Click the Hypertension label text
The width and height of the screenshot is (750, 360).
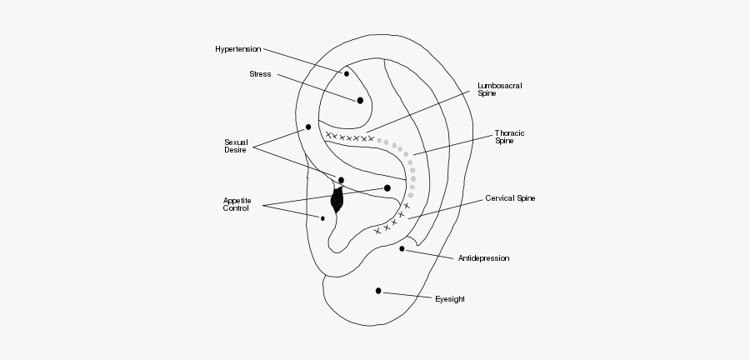[237, 49]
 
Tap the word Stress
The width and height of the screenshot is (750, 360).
[260, 74]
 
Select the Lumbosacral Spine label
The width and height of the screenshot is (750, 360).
[494, 89]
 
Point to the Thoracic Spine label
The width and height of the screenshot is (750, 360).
[509, 137]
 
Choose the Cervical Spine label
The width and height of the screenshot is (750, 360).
[509, 199]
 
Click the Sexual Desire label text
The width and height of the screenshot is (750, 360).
[237, 146]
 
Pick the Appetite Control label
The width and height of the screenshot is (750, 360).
[236, 204]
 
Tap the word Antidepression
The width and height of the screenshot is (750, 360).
[483, 258]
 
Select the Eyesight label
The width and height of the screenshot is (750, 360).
[450, 298]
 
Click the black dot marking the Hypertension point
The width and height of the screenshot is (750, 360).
[347, 73]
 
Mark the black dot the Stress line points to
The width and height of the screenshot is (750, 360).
[360, 100]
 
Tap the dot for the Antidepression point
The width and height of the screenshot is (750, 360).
[402, 248]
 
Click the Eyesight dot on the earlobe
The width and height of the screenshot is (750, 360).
[378, 291]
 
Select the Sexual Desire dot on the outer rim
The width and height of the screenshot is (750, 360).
[308, 127]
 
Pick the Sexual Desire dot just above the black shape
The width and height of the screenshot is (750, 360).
[341, 180]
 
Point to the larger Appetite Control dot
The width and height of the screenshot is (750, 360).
[387, 188]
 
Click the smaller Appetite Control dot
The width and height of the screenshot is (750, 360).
[322, 218]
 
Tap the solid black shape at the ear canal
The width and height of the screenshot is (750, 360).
[337, 200]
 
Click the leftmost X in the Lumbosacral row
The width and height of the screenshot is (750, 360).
[329, 135]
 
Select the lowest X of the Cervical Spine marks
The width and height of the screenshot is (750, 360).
[377, 231]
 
